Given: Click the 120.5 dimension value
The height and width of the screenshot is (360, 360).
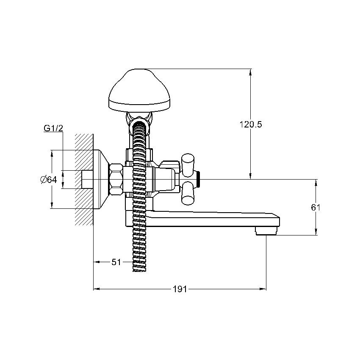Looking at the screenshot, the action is coord(250,125).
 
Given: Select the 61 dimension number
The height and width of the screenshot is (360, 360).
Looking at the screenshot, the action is coord(316,208).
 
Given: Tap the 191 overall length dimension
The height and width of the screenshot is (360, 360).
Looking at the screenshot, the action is coord(180,289).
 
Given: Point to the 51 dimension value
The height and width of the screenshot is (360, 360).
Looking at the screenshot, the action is coord(116,262).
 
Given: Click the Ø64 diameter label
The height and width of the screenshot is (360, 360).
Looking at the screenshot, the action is coord(48,179).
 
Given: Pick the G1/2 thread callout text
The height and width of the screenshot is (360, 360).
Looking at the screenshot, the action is coord(53,128).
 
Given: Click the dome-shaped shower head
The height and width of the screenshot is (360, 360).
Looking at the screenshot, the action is coord(139,91).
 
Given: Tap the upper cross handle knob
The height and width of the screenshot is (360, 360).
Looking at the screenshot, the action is coord(188,165).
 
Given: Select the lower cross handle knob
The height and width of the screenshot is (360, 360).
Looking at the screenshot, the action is coord(188,193).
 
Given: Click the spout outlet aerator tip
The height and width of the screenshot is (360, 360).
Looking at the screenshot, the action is coord(266,230).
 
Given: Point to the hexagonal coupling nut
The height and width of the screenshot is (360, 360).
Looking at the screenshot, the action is coord(116,179).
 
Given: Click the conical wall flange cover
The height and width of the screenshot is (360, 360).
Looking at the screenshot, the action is coord(101,179).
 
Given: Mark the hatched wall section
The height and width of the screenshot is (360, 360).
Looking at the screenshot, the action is coord(84,179).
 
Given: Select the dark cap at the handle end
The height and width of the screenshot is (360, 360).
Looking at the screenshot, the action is coord(199,179).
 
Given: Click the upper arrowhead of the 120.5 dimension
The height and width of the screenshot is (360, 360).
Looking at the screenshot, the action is coord(250,72).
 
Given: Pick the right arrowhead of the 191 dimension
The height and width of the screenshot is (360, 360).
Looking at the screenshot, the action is coord(263,289).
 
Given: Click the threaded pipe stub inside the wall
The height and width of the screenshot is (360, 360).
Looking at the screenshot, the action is coord(88,179).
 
